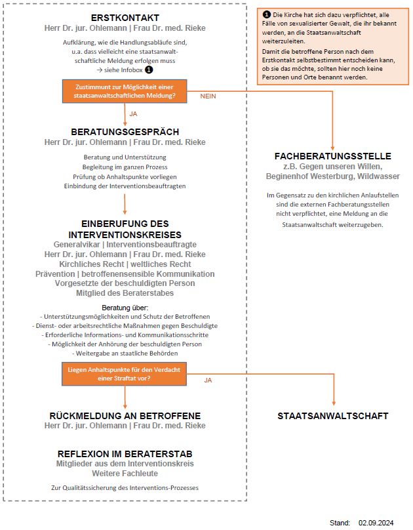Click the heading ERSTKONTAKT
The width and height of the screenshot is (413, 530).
tap(125, 18)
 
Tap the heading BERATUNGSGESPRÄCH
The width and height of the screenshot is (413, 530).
tap(125, 132)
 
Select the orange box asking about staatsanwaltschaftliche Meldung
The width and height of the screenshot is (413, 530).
tap(125, 91)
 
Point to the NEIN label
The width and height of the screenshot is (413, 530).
tap(208, 96)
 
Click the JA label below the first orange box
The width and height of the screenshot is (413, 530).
tap(134, 114)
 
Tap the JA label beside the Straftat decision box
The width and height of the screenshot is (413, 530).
tap(208, 380)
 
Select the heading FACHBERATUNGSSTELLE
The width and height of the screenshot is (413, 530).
tap(333, 156)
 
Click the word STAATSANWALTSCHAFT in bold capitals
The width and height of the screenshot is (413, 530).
tap(333, 416)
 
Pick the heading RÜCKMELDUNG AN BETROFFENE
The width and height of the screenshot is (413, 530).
tap(125, 416)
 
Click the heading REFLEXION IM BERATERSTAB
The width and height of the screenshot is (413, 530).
tap(125, 454)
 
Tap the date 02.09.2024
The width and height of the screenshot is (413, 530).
tap(376, 523)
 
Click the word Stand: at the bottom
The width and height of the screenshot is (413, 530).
tap(340, 523)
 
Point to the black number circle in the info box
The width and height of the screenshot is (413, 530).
tap(266, 14)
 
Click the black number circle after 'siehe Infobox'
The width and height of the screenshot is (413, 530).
tap(149, 69)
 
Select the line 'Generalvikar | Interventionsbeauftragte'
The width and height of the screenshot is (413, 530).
tap(125, 245)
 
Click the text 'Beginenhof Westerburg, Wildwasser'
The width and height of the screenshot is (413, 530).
tap(333, 176)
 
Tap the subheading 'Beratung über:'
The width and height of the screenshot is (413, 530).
tap(125, 307)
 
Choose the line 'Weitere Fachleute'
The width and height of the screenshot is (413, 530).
tap(125, 474)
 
